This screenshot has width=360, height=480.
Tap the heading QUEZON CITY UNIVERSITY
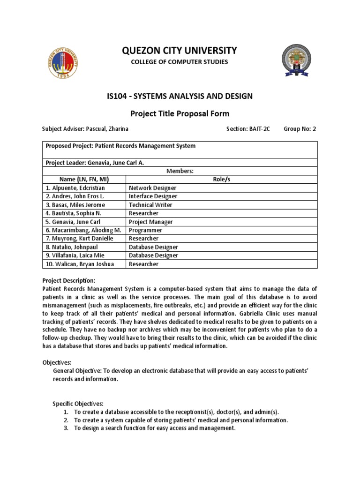[180, 51]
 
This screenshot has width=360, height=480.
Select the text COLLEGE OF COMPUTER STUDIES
[180, 62]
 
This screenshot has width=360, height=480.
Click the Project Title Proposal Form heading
[180, 113]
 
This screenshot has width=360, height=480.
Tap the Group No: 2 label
[300, 129]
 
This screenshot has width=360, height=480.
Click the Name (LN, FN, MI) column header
[84, 180]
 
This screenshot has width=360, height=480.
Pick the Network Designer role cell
[153, 188]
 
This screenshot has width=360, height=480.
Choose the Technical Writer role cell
[150, 205]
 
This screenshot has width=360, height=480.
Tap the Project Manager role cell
[151, 222]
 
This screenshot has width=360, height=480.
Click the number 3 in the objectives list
[66, 428]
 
